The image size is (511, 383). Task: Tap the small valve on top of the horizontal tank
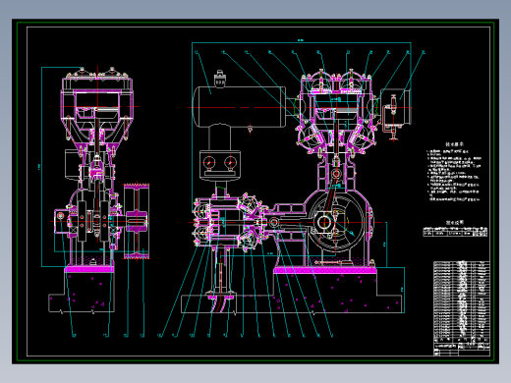pos(217,82)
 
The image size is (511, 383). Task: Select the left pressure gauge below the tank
pos(208,162)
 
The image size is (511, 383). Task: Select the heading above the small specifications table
pos(455,224)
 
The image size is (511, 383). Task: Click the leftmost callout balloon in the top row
pos(197,51)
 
